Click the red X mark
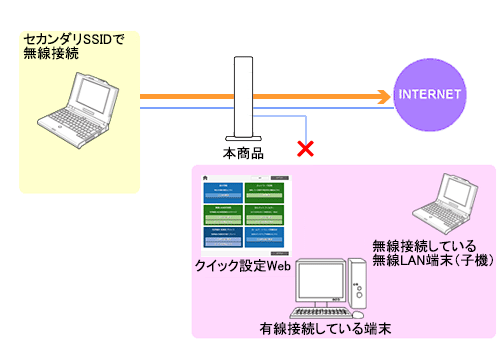304,150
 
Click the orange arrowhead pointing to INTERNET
382,97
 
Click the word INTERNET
430,96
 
